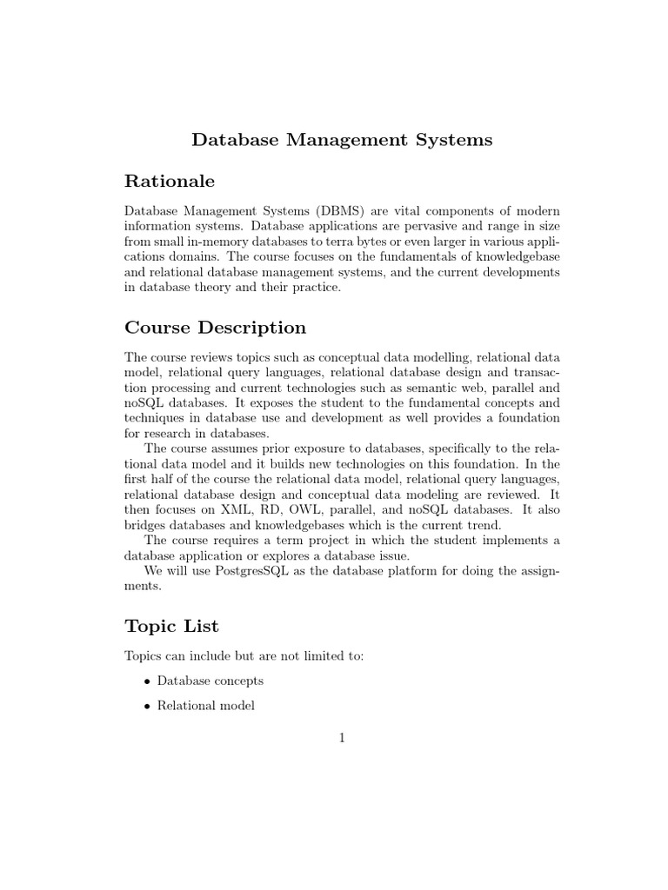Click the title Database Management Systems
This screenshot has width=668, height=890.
342,140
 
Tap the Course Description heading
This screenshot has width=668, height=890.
215,328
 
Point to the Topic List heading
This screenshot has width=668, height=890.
171,626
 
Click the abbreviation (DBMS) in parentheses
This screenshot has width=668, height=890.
342,212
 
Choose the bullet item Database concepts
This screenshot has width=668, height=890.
210,681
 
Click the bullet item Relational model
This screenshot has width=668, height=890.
205,706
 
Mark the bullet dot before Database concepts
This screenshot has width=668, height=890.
146,681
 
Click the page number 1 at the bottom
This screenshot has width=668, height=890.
342,739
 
